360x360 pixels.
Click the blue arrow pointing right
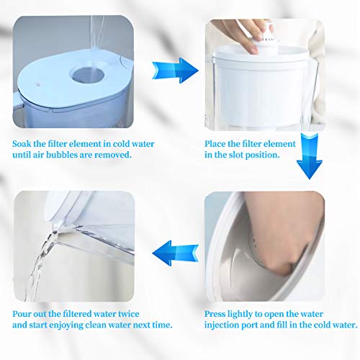pos(176,71)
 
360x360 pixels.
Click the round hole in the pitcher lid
pos(86,74)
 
